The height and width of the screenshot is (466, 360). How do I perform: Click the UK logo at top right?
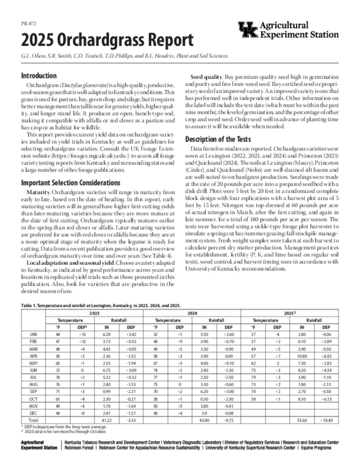pos(247,30)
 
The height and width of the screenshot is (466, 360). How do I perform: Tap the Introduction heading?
pos(39,76)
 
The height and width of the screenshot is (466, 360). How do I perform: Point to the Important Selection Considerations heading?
pos(71,183)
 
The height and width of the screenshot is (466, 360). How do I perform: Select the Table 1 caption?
pos(101,307)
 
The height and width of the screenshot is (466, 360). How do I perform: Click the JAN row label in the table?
pos(33,334)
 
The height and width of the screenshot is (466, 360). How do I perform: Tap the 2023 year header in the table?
pos(94,314)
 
